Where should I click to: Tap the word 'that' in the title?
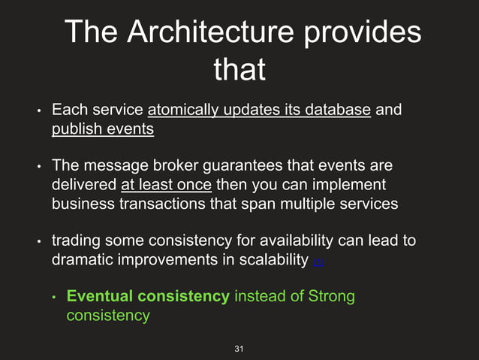(x=239, y=70)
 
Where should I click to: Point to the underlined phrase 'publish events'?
(x=103, y=129)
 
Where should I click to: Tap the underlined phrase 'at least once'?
(x=166, y=184)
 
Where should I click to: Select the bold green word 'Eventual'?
(x=97, y=296)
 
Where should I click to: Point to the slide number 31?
(x=239, y=349)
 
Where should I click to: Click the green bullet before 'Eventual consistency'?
(x=54, y=298)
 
